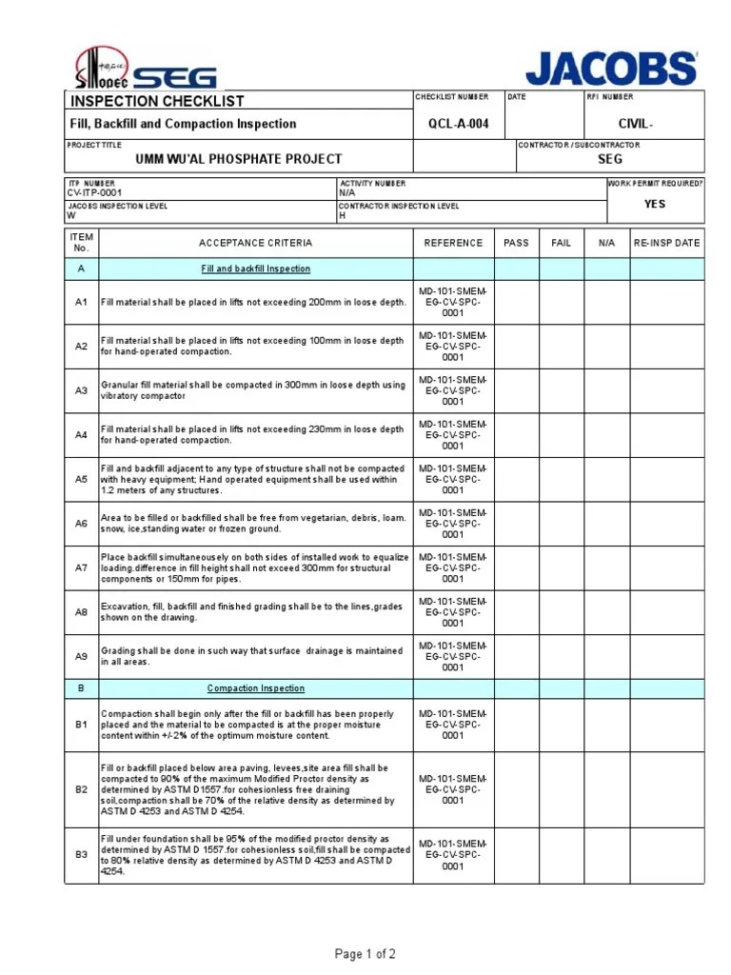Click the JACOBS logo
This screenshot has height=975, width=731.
coord(611,69)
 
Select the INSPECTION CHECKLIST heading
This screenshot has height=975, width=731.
coord(157,101)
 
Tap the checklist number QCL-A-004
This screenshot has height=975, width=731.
coord(459,124)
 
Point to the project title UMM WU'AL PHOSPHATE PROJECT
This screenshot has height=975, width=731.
coord(238,159)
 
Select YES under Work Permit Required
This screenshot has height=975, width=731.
coord(655,204)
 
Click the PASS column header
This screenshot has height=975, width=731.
coord(516,243)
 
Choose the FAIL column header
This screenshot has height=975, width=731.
coord(562,243)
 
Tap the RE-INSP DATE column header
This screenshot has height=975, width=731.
coord(667,243)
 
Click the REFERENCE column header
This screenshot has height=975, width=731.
coord(453,243)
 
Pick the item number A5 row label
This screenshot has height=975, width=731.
coord(81,479)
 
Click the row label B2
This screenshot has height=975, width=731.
coord(81,789)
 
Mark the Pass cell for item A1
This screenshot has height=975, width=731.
coord(516,302)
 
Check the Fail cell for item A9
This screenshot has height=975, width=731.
coord(562,656)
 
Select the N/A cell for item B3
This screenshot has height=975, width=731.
coord(606,855)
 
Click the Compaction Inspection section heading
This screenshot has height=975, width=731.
coord(256,688)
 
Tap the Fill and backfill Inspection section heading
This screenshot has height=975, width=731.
coord(255,269)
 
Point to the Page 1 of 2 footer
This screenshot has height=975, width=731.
coord(365,954)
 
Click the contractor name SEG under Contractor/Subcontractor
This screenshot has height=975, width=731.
coord(609,159)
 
